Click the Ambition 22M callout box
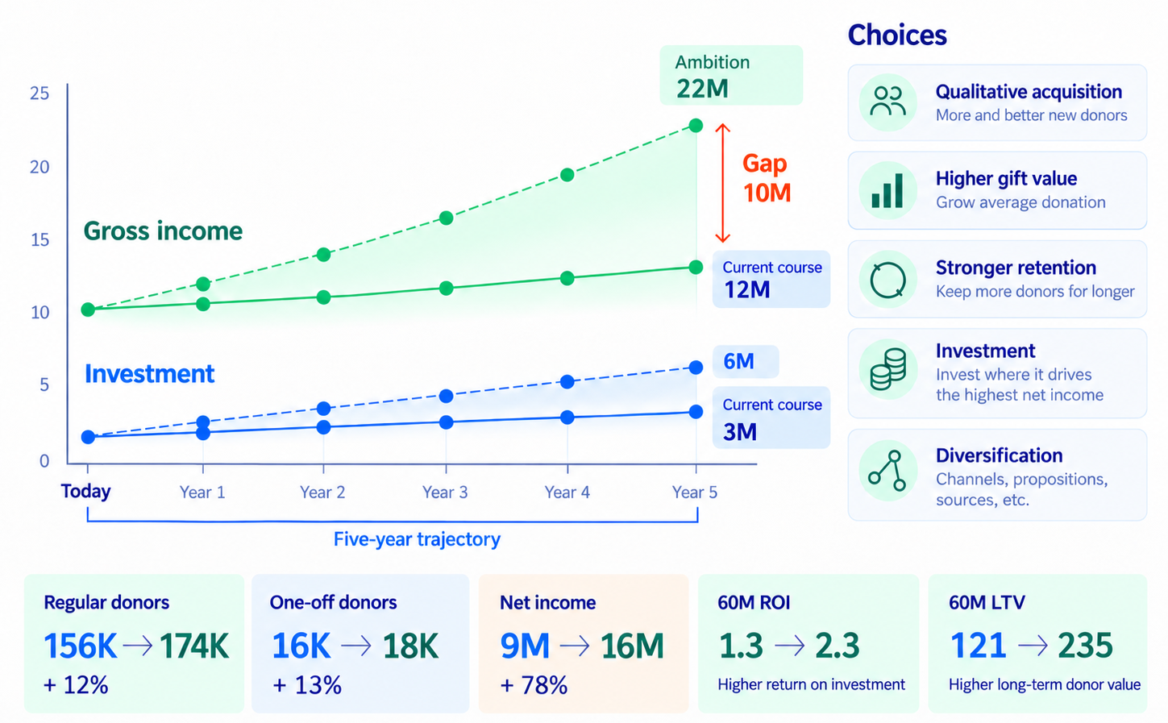pyautogui.click(x=731, y=75)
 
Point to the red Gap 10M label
pyautogui.click(x=767, y=178)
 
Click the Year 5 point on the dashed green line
pyautogui.click(x=696, y=125)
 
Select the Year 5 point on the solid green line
pyautogui.click(x=696, y=268)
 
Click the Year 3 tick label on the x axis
pyautogui.click(x=445, y=492)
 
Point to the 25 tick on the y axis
pyautogui.click(x=39, y=93)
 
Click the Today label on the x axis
pyautogui.click(x=86, y=491)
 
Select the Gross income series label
pyautogui.click(x=163, y=231)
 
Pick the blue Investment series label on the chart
pyautogui.click(x=150, y=374)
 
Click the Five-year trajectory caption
pyautogui.click(x=417, y=539)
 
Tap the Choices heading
pyautogui.click(x=897, y=35)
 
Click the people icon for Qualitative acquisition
pyautogui.click(x=888, y=102)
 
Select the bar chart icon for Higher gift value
pyautogui.click(x=887, y=190)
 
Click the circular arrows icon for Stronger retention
pyautogui.click(x=887, y=280)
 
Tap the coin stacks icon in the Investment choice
pyautogui.click(x=887, y=369)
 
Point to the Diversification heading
pyautogui.click(x=999, y=455)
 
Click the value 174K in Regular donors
pyautogui.click(x=194, y=646)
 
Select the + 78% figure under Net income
pyautogui.click(x=534, y=685)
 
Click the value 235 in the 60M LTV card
pyautogui.click(x=1086, y=646)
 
